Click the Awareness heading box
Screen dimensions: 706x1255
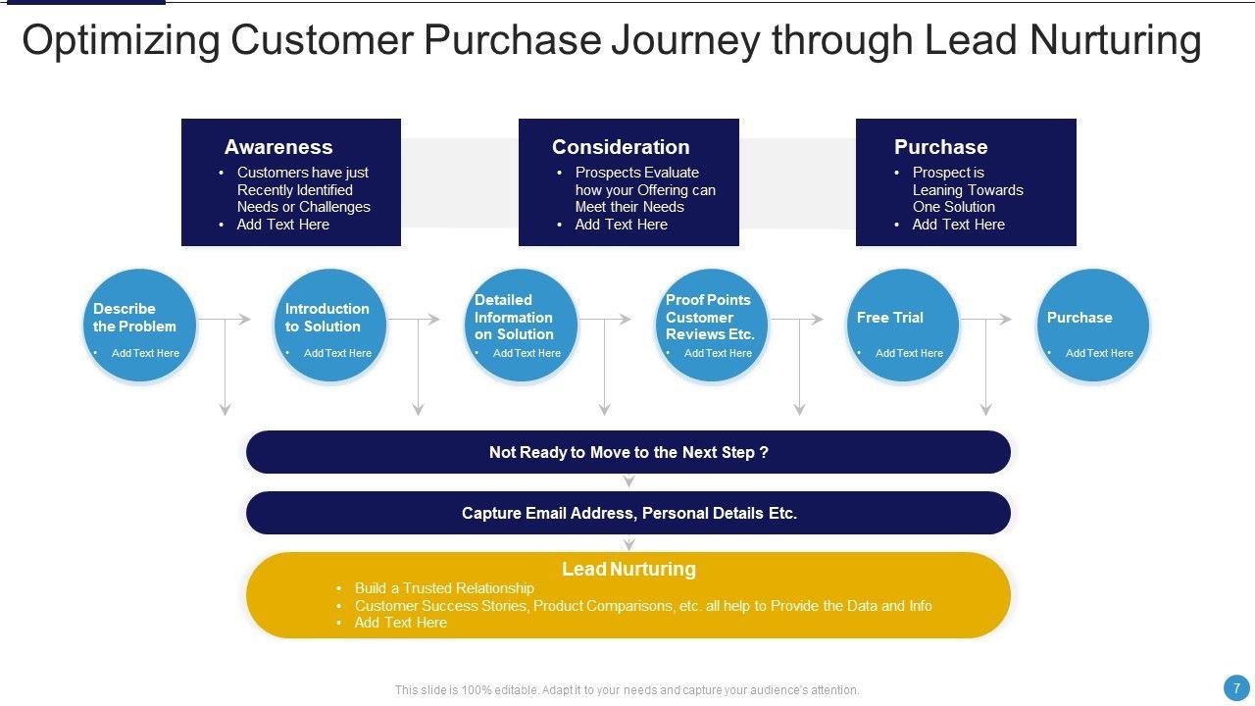coord(291,182)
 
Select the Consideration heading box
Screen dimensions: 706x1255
coord(628,182)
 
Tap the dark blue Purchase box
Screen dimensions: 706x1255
coord(966,182)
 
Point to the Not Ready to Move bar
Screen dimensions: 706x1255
coord(628,452)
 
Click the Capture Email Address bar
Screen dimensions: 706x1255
coord(628,513)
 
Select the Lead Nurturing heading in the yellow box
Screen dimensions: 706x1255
coord(628,569)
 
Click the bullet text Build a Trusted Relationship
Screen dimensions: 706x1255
coord(444,588)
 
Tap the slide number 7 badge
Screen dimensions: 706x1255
coord(1236,688)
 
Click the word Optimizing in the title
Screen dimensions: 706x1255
coord(121,41)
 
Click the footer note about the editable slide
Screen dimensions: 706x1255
coord(627,690)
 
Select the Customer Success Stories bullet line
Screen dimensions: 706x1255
coord(643,606)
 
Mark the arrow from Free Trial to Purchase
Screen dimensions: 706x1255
coord(985,320)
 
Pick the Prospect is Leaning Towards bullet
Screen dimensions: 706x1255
coord(967,189)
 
